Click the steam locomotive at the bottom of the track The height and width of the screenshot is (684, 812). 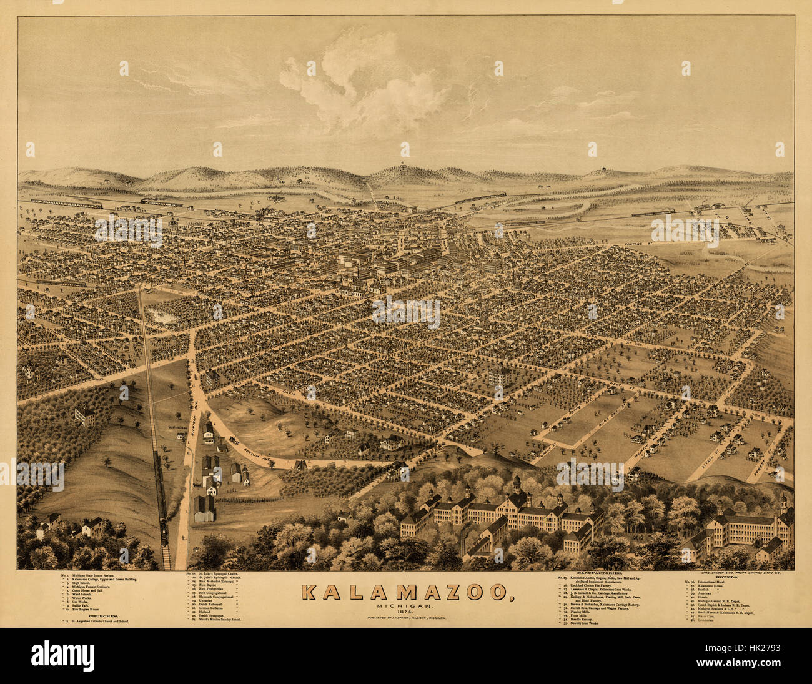pyautogui.click(x=164, y=528)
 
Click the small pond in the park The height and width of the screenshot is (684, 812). pyautogui.click(x=162, y=317)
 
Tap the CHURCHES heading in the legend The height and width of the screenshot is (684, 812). pyautogui.click(x=99, y=616)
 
